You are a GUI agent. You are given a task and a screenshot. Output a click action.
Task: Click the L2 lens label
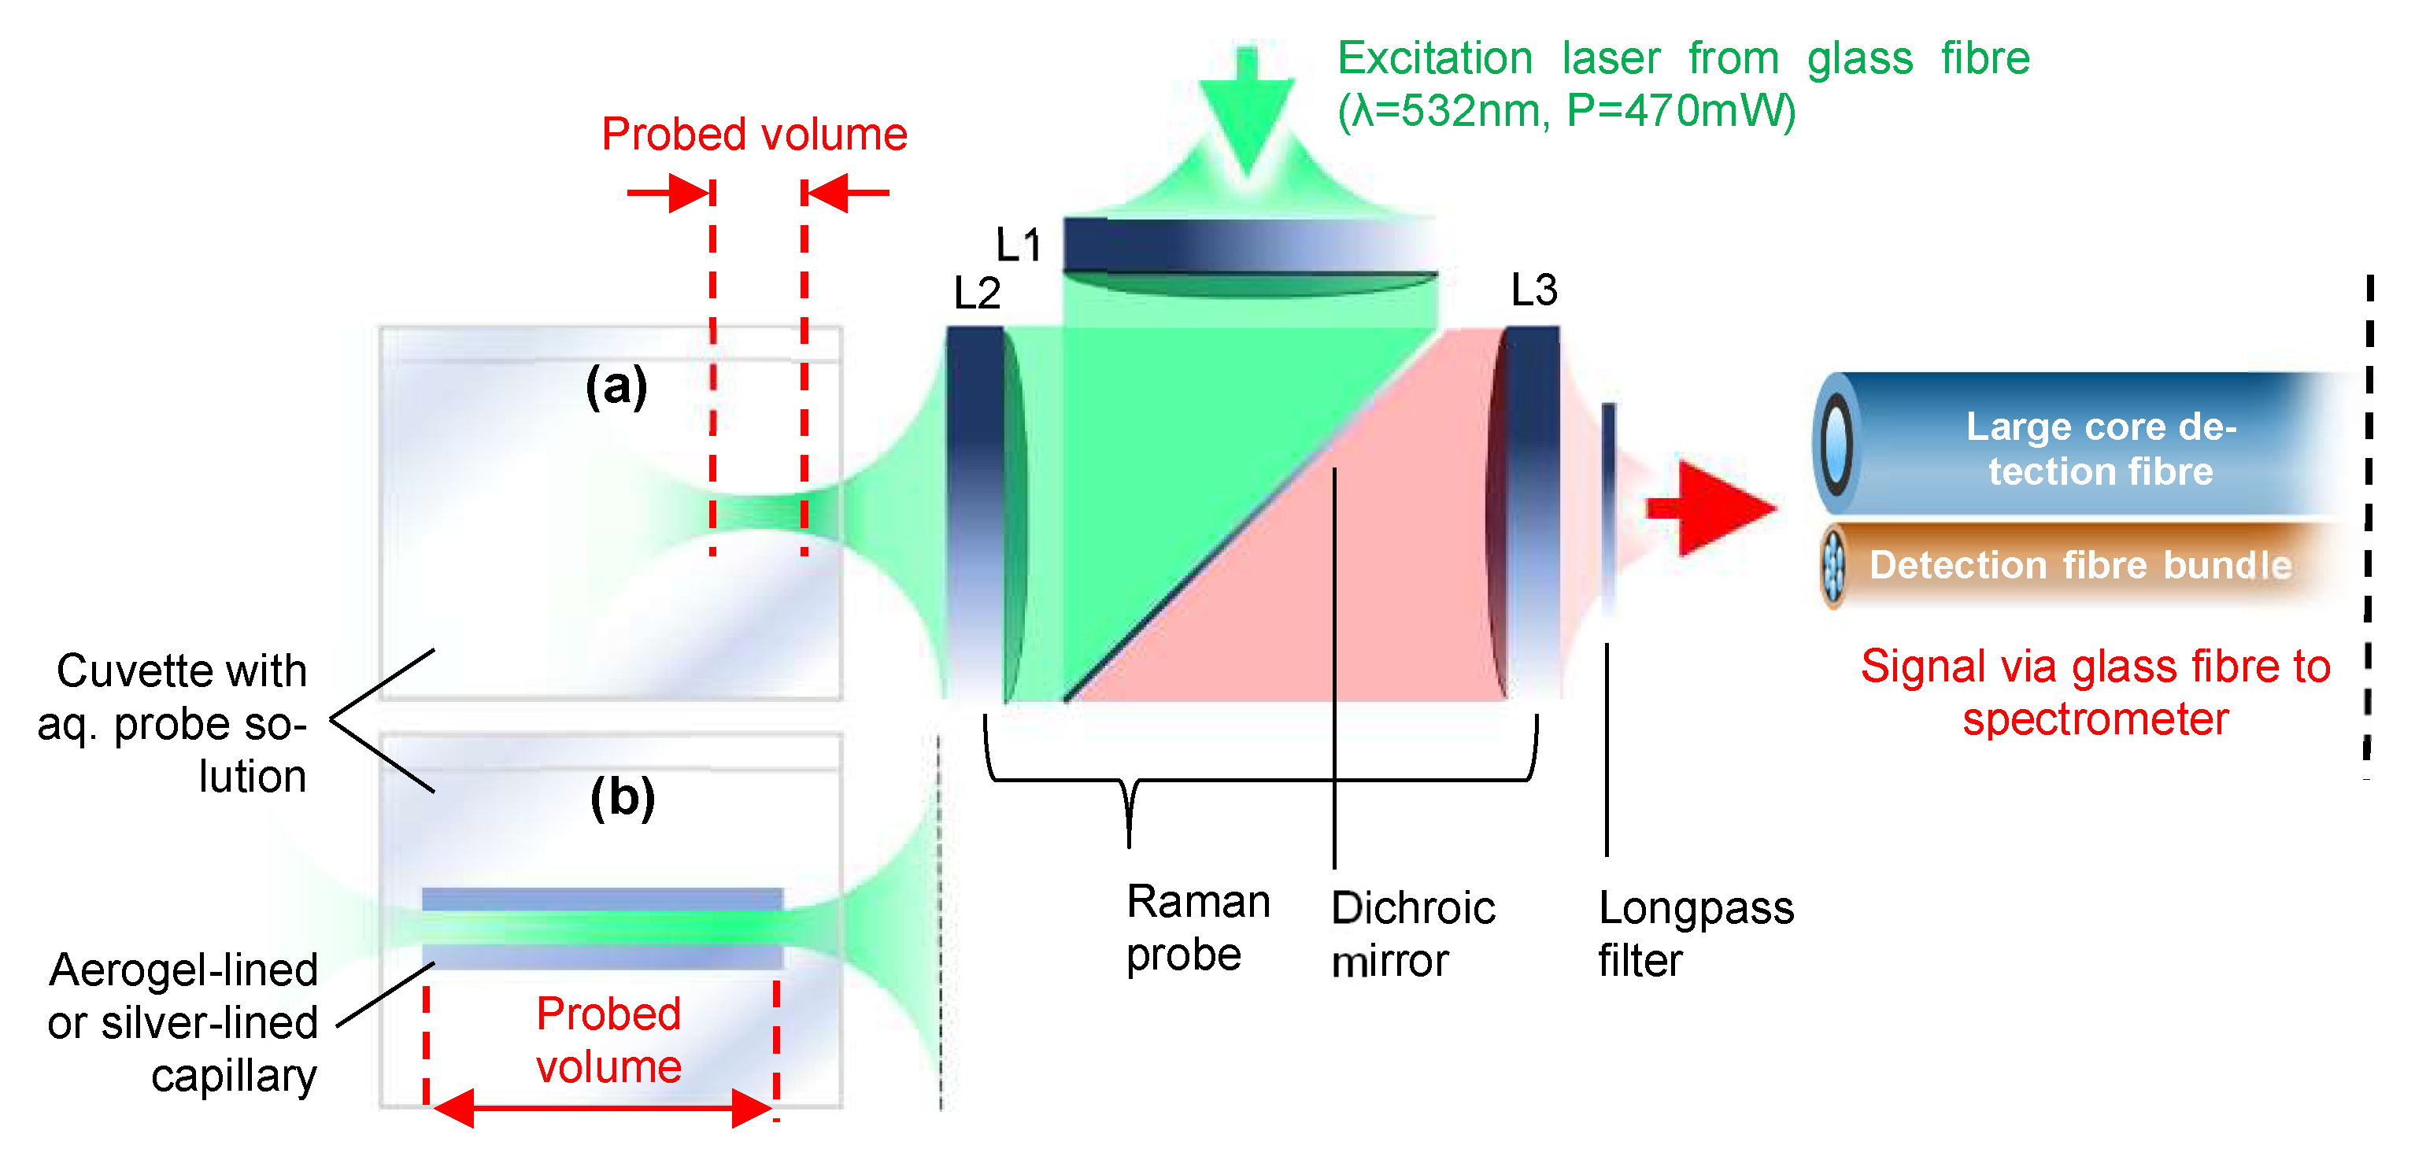click(977, 294)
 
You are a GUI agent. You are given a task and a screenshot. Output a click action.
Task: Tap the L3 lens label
click(1533, 290)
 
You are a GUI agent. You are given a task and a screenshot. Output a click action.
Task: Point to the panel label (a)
click(616, 386)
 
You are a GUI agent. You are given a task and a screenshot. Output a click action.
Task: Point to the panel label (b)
click(622, 798)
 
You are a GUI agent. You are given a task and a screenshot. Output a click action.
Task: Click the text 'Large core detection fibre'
click(2101, 448)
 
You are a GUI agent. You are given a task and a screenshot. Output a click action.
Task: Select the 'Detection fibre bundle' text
click(2080, 565)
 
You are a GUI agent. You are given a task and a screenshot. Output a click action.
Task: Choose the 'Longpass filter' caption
click(1695, 934)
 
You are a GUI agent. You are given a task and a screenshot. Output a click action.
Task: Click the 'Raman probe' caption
click(1197, 928)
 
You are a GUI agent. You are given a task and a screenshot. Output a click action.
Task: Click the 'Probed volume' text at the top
click(754, 134)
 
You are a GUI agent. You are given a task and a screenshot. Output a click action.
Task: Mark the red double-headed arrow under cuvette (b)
click(602, 1108)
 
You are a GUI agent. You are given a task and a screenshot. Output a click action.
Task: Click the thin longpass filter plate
click(1609, 506)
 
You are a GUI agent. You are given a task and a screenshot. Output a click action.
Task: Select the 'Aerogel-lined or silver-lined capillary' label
click(183, 1022)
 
